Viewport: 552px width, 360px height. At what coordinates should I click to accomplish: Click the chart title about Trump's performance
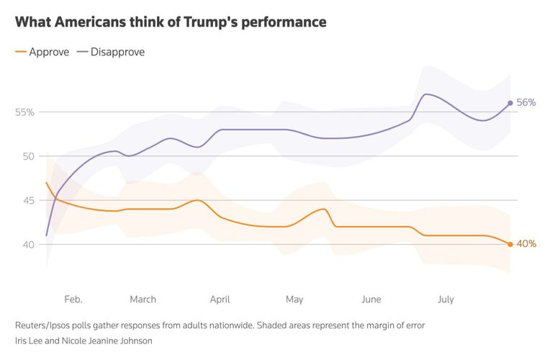171,22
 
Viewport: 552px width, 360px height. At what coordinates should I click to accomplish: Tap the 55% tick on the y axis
24,112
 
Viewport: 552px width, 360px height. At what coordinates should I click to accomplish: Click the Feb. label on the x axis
73,299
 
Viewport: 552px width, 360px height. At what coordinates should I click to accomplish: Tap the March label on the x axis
142,299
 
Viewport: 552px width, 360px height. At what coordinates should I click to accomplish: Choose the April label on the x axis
220,299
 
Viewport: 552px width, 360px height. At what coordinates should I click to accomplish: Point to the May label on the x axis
294,299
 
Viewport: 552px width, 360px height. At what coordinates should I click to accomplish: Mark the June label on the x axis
371,299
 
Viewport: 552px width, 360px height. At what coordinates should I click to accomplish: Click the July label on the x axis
445,299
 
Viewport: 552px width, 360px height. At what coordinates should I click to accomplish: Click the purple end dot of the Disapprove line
510,103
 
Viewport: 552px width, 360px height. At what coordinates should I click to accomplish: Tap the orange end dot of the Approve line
510,244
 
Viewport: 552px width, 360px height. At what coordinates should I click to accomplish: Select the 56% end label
527,103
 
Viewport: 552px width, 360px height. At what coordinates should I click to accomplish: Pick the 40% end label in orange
527,244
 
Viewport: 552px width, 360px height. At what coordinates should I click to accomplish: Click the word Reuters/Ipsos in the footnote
45,325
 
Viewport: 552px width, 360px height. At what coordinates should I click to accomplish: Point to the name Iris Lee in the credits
33,341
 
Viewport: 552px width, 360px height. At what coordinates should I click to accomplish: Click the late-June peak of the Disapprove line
426,94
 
